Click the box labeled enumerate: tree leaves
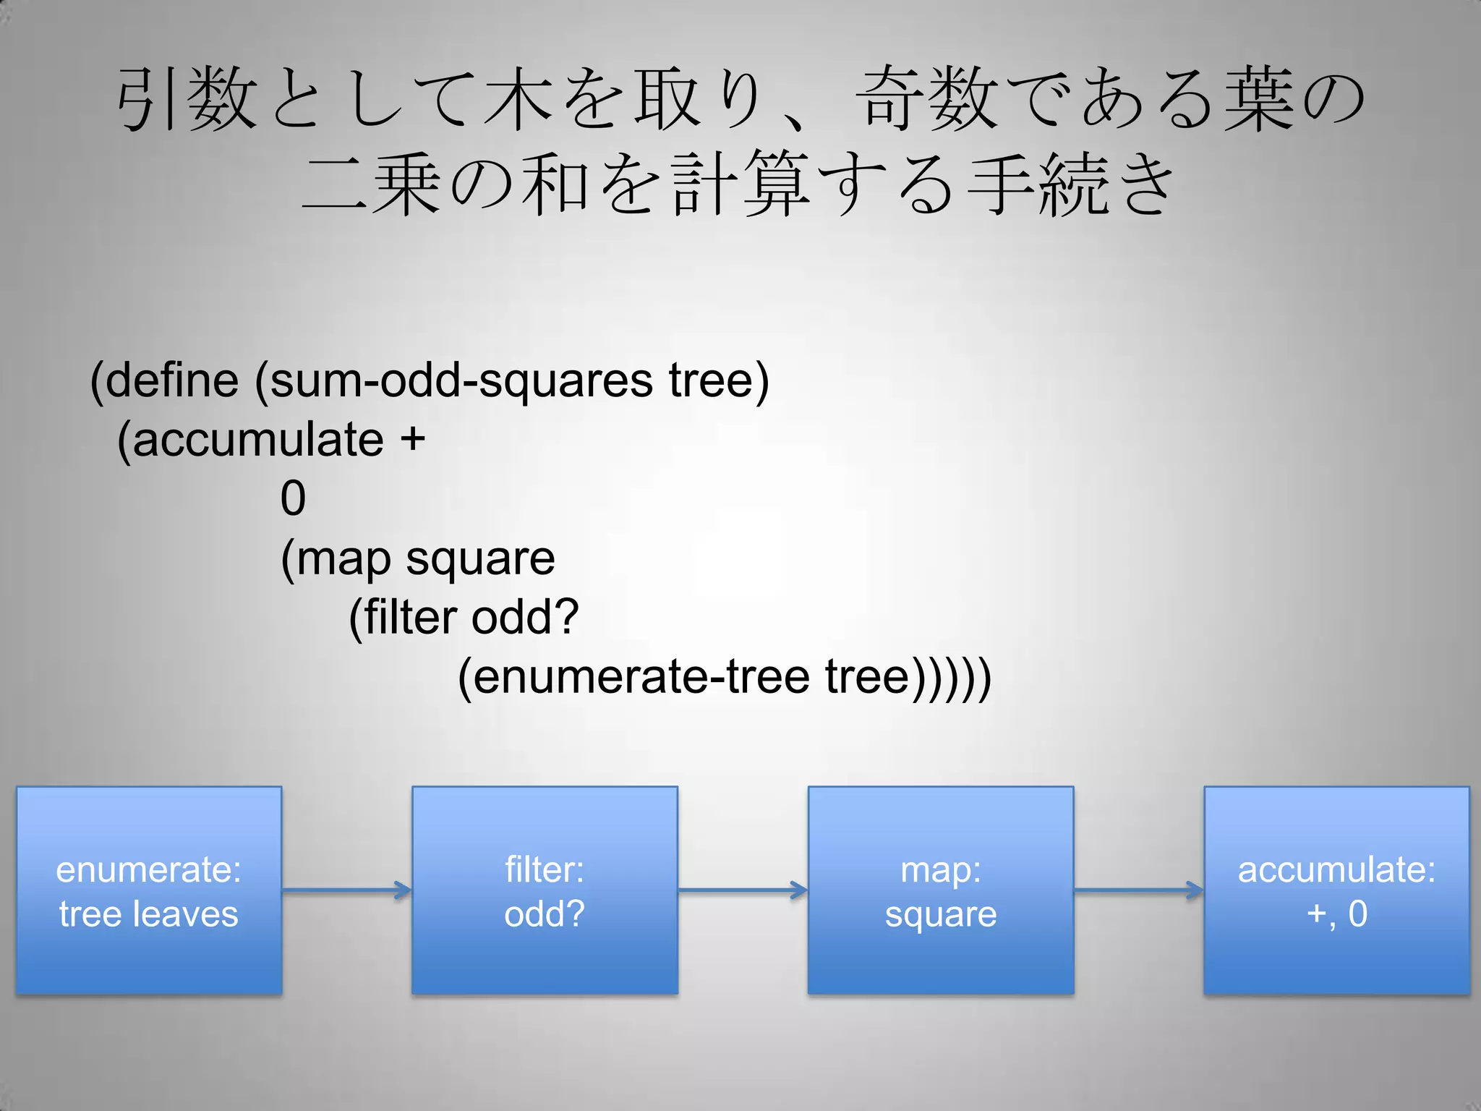click(x=149, y=890)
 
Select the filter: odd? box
click(x=545, y=890)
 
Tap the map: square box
click(x=940, y=890)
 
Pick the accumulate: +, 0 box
click(x=1336, y=890)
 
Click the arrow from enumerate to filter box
click(x=346, y=890)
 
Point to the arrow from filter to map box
click(x=743, y=890)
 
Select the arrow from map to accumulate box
click(x=1139, y=890)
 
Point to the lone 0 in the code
click(x=293, y=498)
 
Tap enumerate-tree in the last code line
click(x=641, y=677)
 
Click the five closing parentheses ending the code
click(x=950, y=678)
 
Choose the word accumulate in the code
click(x=257, y=440)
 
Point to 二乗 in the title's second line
click(x=371, y=184)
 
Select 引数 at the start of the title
click(x=187, y=99)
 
